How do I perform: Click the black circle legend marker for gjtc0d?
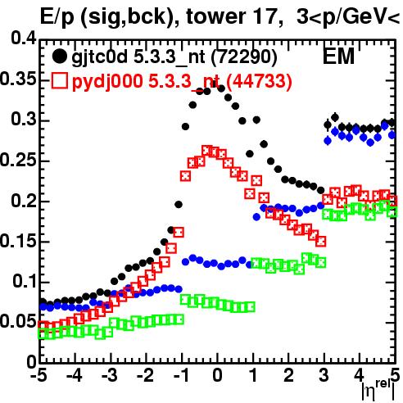click(x=59, y=57)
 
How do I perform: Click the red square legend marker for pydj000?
click(x=59, y=81)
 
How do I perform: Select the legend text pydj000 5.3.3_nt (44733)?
click(x=182, y=81)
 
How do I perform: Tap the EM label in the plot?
click(x=338, y=56)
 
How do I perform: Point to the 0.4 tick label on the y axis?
click(x=24, y=38)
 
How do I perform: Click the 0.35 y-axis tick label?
click(x=18, y=79)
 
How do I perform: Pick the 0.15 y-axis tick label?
click(x=18, y=241)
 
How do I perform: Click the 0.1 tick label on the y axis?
click(x=25, y=281)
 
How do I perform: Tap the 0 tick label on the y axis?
click(x=32, y=362)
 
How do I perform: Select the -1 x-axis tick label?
click(x=180, y=375)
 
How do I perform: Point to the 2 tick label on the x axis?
click(x=288, y=375)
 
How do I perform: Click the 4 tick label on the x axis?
click(x=360, y=375)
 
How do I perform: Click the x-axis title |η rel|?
click(x=378, y=390)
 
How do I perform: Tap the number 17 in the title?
click(x=264, y=16)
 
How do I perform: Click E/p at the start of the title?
click(x=57, y=18)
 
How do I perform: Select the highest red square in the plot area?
click(x=207, y=151)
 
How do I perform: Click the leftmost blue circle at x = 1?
click(x=256, y=217)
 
